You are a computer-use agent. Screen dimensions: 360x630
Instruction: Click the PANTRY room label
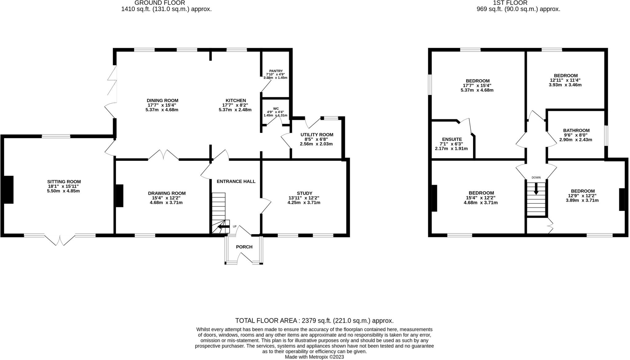pyautogui.click(x=275, y=71)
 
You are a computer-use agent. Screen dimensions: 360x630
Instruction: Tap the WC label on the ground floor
pyautogui.click(x=276, y=109)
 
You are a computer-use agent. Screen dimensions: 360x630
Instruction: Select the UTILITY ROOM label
pyautogui.click(x=317, y=135)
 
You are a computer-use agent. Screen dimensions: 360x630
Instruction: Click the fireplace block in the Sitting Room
pyautogui.click(x=8, y=190)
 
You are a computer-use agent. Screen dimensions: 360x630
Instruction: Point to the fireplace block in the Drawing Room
pyautogui.click(x=119, y=196)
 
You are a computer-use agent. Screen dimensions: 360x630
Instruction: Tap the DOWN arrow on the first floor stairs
pyautogui.click(x=536, y=188)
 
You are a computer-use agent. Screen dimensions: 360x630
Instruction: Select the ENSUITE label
pyautogui.click(x=452, y=139)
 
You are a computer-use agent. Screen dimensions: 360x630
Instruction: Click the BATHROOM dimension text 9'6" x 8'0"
pyautogui.click(x=576, y=135)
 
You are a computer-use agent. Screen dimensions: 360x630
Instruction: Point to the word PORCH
pyautogui.click(x=244, y=247)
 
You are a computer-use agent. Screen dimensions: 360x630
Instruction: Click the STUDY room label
pyautogui.click(x=304, y=193)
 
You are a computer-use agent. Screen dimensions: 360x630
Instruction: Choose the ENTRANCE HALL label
pyautogui.click(x=236, y=181)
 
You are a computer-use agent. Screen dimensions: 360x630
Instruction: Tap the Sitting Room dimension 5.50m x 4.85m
pyautogui.click(x=61, y=191)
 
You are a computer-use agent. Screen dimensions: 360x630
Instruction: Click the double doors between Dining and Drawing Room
pyautogui.click(x=163, y=155)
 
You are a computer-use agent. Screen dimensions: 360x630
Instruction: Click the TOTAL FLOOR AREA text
pyautogui.click(x=314, y=321)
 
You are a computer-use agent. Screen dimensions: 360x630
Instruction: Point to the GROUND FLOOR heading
pyautogui.click(x=160, y=3)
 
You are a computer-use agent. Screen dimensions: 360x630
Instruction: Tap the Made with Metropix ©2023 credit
pyautogui.click(x=314, y=357)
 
